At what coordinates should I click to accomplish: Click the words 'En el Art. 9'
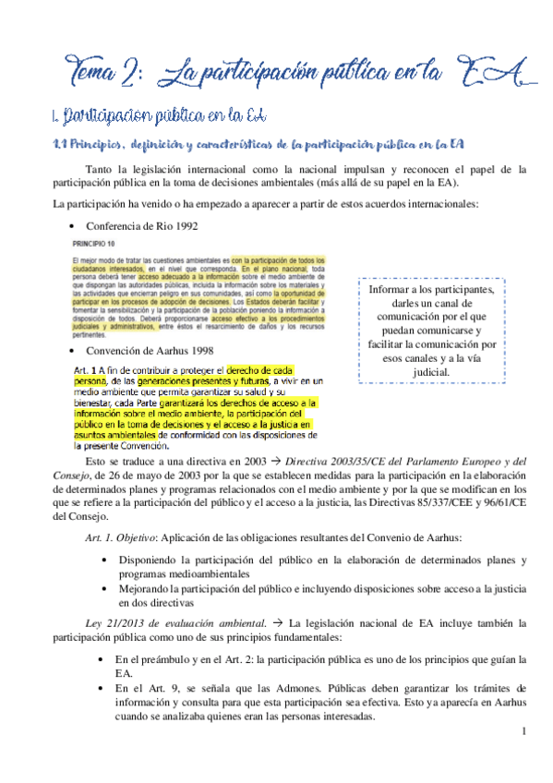coord(147,688)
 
